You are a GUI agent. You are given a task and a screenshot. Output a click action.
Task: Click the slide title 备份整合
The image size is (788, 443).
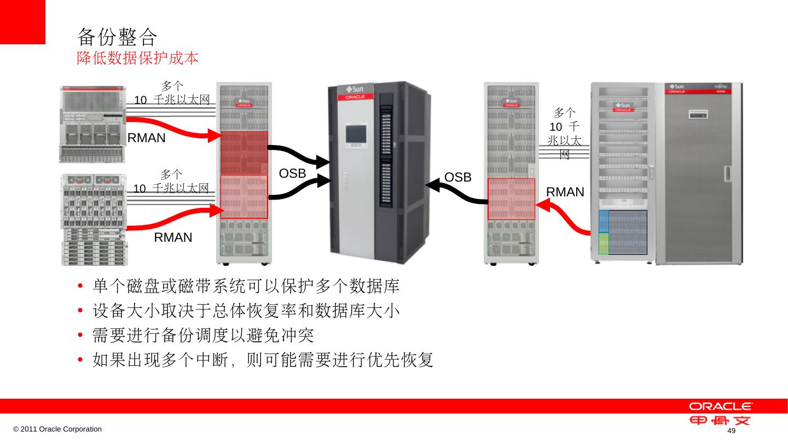click(x=117, y=37)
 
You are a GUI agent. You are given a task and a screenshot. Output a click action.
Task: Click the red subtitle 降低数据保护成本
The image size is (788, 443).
click(x=137, y=58)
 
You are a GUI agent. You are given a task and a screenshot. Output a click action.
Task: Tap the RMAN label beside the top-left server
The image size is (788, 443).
click(x=146, y=138)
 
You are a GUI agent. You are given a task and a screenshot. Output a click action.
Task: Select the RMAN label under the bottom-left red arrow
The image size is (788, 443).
click(x=173, y=237)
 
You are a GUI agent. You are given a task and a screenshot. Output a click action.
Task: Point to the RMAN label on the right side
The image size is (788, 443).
click(x=565, y=192)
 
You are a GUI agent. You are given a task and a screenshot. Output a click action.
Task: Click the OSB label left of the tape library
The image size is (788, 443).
click(x=292, y=173)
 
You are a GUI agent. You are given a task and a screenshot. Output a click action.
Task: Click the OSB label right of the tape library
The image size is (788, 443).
click(x=457, y=177)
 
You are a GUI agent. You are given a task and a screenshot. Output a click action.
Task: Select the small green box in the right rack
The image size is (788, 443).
click(x=604, y=243)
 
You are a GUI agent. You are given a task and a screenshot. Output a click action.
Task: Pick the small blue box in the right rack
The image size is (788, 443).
click(x=604, y=221)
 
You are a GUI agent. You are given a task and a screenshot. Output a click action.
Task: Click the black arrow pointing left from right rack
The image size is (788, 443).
click(x=454, y=191)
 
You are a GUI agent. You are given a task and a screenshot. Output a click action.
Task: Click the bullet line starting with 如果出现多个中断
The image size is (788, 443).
click(x=263, y=360)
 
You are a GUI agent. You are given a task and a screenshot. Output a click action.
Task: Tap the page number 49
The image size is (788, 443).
click(x=731, y=432)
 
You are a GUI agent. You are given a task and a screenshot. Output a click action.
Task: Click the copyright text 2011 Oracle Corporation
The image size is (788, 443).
click(x=57, y=429)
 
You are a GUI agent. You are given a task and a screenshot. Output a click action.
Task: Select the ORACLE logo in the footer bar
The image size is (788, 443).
click(x=720, y=406)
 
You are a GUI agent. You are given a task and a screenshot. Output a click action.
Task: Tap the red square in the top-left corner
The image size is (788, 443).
click(x=22, y=21)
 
